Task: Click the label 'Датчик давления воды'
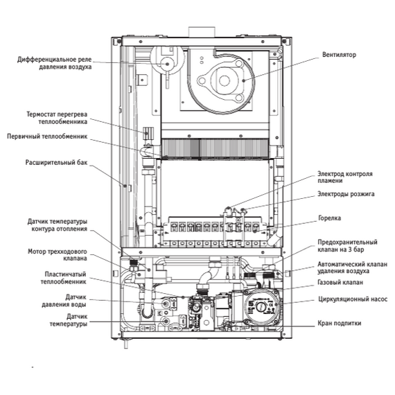72,301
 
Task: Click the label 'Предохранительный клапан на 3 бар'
346,247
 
